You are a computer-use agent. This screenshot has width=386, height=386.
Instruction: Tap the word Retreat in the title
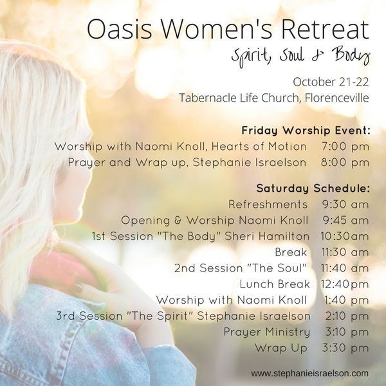coord(325,29)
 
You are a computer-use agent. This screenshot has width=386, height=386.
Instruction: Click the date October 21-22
coord(331,82)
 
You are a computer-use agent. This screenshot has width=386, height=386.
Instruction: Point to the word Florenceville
coord(336,98)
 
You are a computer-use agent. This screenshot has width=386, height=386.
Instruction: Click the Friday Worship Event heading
coord(306,130)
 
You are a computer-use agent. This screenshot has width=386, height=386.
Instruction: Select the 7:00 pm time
coord(345,147)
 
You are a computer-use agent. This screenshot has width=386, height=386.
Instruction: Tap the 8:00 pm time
coord(345,163)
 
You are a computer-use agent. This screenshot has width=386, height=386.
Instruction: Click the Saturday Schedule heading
coord(313,188)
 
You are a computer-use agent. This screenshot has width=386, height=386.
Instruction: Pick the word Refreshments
coord(268,205)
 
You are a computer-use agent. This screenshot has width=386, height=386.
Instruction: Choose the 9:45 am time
coord(345,220)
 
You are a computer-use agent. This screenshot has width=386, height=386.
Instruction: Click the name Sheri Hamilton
coord(267,236)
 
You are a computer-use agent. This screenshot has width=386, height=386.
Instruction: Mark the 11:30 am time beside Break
coord(345,252)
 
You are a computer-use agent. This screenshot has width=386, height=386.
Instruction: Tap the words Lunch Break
coord(275,284)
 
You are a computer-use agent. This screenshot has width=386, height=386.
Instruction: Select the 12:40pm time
coord(345,284)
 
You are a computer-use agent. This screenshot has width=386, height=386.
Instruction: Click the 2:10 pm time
coord(347,316)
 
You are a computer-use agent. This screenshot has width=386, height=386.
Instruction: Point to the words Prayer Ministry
coord(266,332)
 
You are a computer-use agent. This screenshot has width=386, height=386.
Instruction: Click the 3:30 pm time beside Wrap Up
coord(345,348)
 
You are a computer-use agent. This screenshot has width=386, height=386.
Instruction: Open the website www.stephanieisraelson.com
coord(309,374)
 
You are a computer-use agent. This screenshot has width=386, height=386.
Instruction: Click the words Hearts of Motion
coord(259,147)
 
